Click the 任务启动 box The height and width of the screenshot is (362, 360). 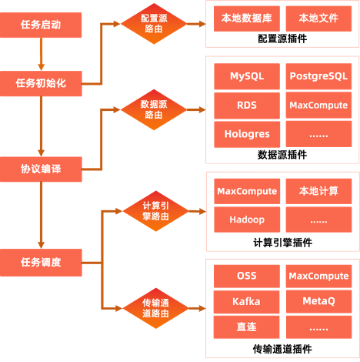[x=41, y=25]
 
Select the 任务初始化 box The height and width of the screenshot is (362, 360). [x=41, y=83]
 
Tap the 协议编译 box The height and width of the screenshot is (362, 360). [x=41, y=169]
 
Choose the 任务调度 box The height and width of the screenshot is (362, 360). [x=41, y=263]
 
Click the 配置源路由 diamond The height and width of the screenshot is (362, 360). [x=154, y=24]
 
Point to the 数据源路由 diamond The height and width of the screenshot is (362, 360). [x=154, y=109]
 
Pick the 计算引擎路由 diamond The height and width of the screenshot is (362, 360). [x=155, y=211]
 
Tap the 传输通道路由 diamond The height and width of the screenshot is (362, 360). [x=155, y=308]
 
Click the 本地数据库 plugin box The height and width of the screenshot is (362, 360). [x=247, y=18]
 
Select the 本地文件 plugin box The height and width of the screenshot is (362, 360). [x=318, y=18]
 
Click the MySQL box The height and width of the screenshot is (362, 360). [x=247, y=76]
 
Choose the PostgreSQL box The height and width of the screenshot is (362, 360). [x=318, y=76]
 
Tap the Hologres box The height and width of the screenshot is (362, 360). [x=247, y=134]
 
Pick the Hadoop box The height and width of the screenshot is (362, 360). [x=247, y=220]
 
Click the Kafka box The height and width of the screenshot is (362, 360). [x=246, y=302]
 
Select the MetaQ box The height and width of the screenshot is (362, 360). [x=319, y=301]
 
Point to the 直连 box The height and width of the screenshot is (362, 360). [x=246, y=327]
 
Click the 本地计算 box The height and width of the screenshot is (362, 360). [x=318, y=191]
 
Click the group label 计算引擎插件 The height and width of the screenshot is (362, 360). [x=282, y=243]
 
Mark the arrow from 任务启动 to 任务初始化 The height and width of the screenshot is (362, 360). [x=41, y=54]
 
